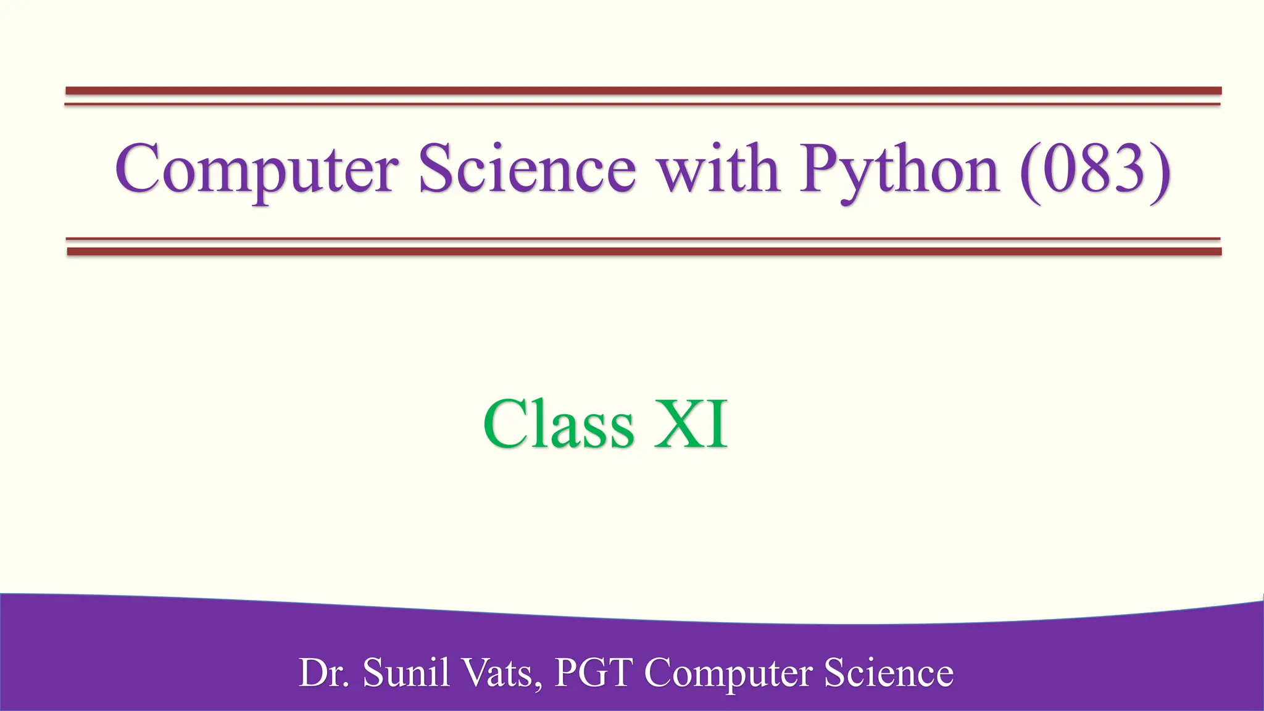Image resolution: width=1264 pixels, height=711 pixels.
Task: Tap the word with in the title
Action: tap(717, 168)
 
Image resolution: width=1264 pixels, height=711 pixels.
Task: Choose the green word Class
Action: tap(559, 424)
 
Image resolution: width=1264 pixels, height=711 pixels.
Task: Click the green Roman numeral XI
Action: tap(691, 424)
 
